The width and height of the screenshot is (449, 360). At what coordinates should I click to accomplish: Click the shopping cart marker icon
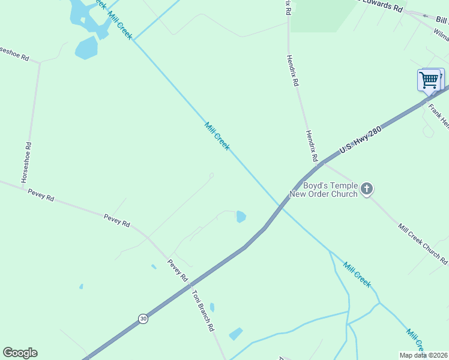point(429,80)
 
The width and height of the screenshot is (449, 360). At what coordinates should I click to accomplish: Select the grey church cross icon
point(367,190)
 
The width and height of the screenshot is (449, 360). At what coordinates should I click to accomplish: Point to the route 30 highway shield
point(142,319)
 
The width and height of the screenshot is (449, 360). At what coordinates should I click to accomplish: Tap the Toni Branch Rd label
point(202,311)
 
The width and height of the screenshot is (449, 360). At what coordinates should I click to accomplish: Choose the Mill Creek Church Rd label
point(423,244)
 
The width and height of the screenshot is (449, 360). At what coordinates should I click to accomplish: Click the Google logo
point(20,353)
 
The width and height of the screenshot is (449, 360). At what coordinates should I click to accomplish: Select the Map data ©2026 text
point(423,355)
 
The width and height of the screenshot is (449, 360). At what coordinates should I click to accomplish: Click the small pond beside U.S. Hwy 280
point(241,217)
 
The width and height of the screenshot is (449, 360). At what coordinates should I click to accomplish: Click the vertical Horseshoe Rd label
point(26,163)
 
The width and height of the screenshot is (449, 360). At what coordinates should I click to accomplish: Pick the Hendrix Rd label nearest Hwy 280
point(311,146)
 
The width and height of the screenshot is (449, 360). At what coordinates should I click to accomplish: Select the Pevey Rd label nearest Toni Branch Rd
point(178,271)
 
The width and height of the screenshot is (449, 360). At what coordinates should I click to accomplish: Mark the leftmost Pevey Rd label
point(41,196)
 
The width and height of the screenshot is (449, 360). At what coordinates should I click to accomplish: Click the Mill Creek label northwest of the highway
point(217,136)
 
